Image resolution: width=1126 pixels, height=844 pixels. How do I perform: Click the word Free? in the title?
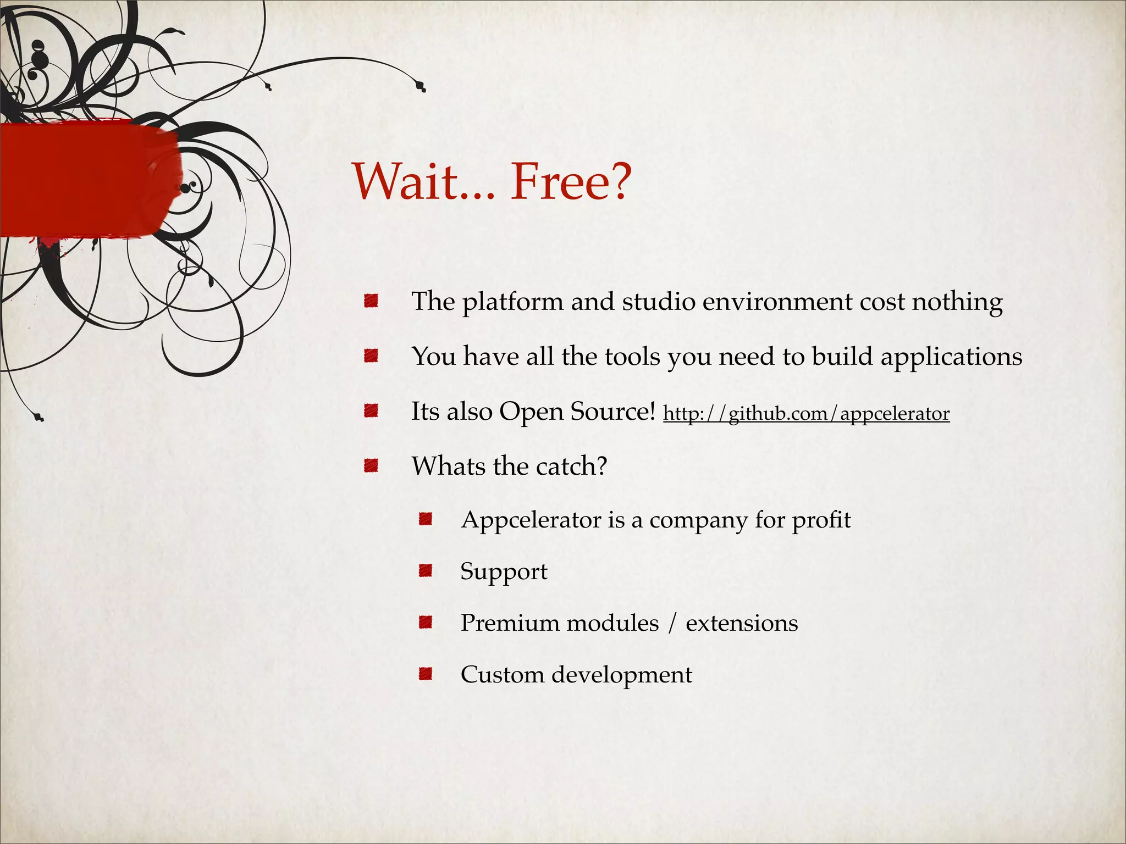pos(571,182)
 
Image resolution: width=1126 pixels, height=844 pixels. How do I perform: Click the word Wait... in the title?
pos(423,182)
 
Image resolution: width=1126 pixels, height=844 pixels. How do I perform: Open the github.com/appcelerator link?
pos(806,413)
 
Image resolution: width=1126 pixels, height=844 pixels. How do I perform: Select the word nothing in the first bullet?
pos(957,302)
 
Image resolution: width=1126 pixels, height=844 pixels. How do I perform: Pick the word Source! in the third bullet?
pos(613,412)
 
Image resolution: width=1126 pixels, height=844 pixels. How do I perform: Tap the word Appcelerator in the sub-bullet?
pos(531,520)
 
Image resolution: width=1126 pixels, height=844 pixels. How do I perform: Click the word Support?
pos(504,572)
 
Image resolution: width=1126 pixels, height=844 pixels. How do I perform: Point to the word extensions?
pos(742,623)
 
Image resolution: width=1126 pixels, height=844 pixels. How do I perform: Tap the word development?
pos(622,675)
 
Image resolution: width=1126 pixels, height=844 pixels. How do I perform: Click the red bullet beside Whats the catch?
pos(371,466)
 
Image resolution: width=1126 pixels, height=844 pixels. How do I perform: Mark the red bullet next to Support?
pos(425,571)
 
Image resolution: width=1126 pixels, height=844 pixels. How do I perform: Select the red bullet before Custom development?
pos(425,674)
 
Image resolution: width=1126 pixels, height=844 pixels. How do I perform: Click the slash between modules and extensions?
pos(672,624)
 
